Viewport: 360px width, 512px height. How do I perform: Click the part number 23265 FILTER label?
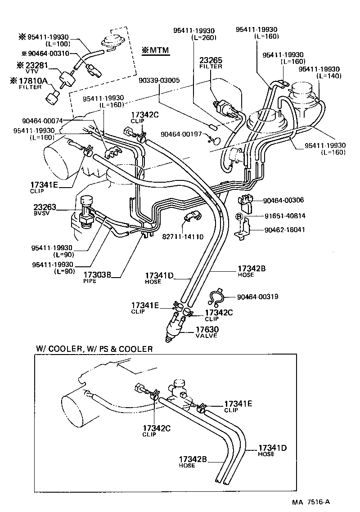(x=211, y=62)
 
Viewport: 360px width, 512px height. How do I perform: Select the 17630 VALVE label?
(x=207, y=332)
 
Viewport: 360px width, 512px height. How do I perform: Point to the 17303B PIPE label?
(x=96, y=276)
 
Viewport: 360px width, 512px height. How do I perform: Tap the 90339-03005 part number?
(x=159, y=81)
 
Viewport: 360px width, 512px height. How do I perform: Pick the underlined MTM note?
(x=155, y=50)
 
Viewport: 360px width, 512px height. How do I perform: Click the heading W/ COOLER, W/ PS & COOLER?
(x=94, y=349)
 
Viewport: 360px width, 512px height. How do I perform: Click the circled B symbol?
(x=240, y=216)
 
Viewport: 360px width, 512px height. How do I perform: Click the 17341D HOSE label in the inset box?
(x=272, y=450)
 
